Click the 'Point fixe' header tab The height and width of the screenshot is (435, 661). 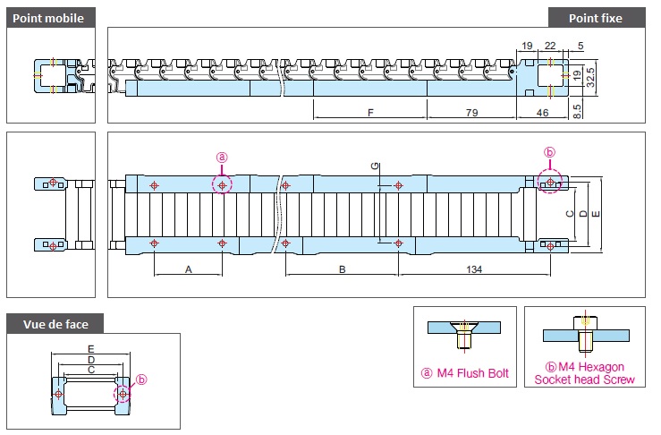click(x=597, y=18)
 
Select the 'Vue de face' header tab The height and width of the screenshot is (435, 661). click(x=55, y=324)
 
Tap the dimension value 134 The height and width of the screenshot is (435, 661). click(x=474, y=269)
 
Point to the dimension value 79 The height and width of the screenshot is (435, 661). click(x=471, y=113)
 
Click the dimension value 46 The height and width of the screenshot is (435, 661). click(x=542, y=113)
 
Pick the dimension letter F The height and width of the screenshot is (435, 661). click(x=370, y=113)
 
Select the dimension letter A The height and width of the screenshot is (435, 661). click(x=189, y=269)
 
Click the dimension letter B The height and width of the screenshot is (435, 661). click(x=343, y=269)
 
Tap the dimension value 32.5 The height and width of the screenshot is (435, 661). click(x=590, y=78)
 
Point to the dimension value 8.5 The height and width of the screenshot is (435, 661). click(x=577, y=111)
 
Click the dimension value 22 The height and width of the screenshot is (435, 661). click(x=550, y=46)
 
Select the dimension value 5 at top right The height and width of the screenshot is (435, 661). click(x=580, y=46)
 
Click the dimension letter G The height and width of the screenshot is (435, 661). click(x=375, y=166)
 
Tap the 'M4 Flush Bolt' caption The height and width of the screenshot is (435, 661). click(x=465, y=373)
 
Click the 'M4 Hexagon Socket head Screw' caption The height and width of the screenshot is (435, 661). click(x=585, y=373)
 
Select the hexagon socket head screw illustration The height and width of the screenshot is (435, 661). click(x=586, y=333)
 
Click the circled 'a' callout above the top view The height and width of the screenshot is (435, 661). click(x=222, y=158)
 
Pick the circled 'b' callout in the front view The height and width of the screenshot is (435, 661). click(x=141, y=380)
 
